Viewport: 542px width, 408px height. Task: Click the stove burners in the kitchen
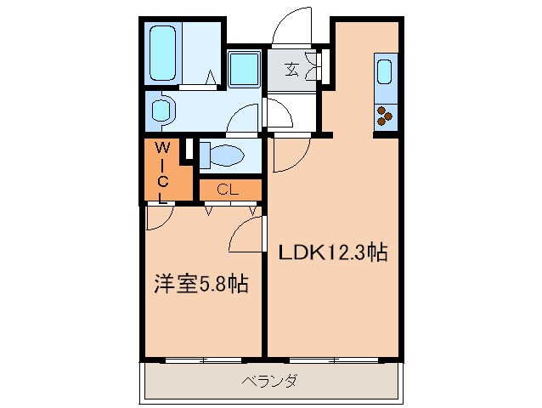[x=384, y=113]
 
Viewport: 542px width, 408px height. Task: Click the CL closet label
[x=227, y=189]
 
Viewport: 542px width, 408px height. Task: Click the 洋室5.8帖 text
[x=201, y=284]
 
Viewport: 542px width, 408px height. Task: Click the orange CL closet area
[x=227, y=189]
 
